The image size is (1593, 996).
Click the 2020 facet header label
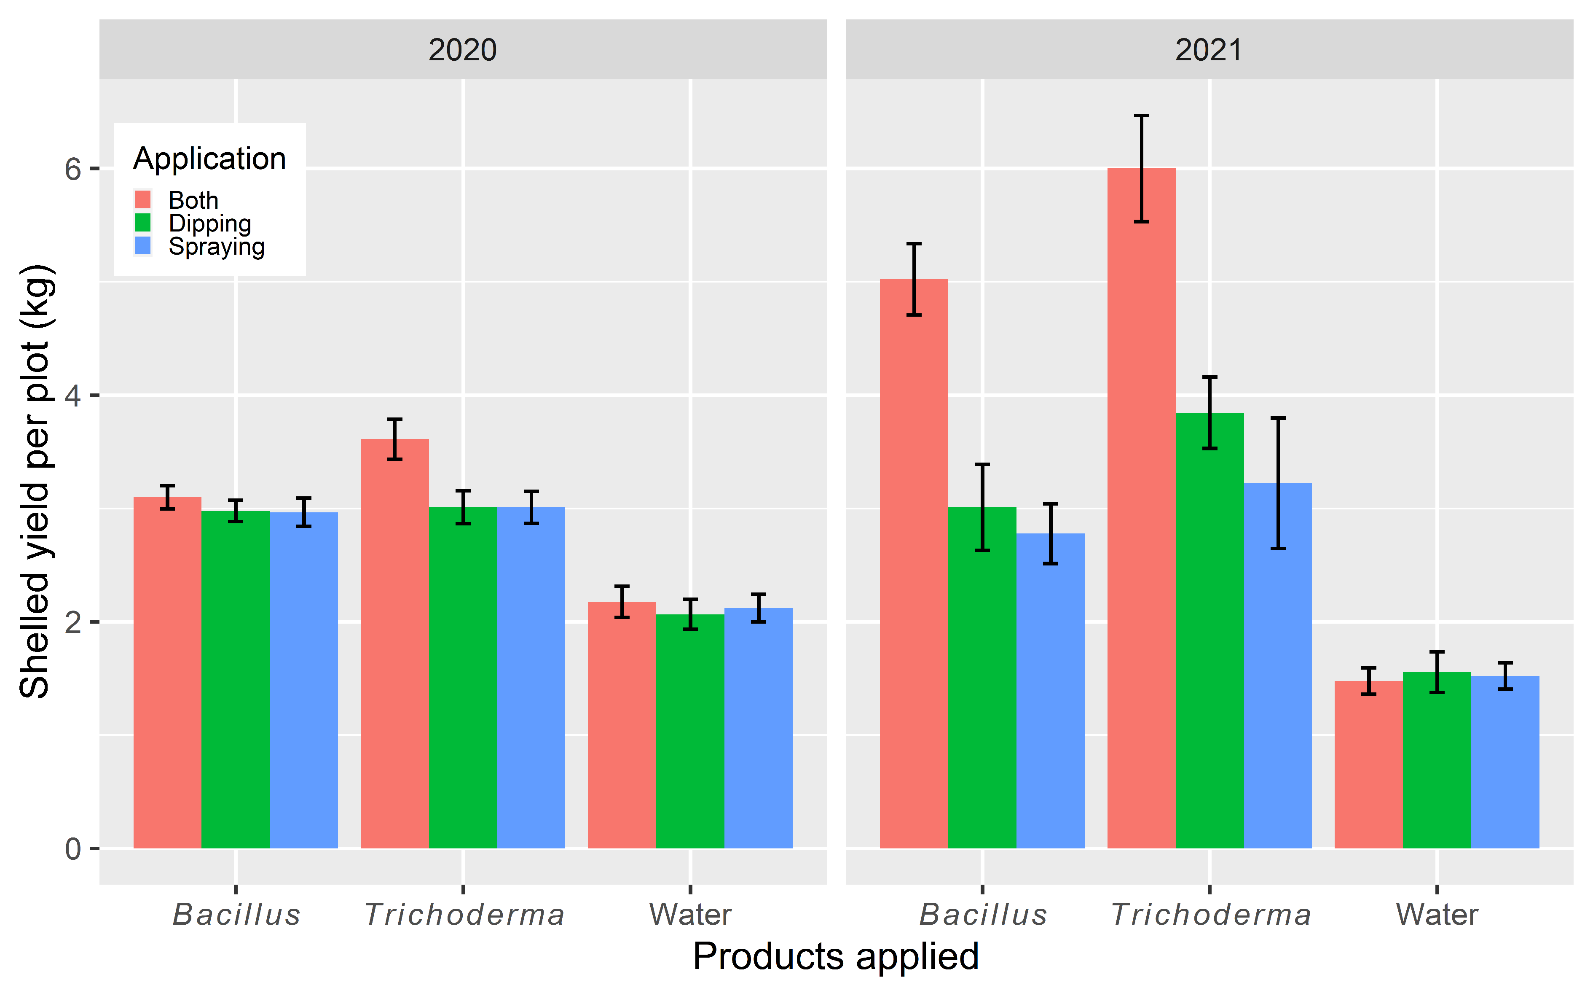pos(462,50)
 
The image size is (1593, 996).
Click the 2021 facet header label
pos(1209,50)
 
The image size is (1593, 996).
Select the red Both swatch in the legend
pos(143,199)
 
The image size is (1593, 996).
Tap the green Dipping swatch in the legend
pos(143,223)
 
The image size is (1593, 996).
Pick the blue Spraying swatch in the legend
pos(143,246)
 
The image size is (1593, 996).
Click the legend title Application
pos(209,159)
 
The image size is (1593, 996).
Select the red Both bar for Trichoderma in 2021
pos(1141,527)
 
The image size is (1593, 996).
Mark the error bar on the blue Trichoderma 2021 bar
pos(1278,483)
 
